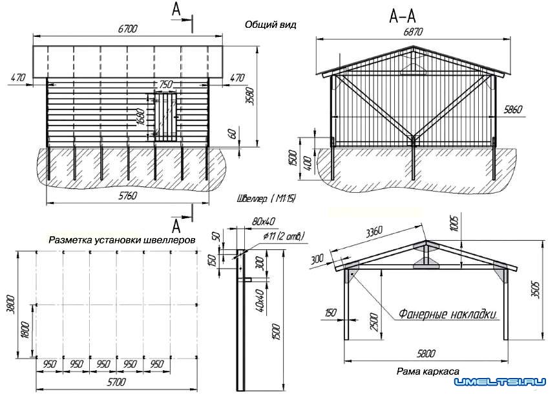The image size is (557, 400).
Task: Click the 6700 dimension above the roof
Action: [127, 29]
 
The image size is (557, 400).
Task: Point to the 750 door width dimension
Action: [165, 85]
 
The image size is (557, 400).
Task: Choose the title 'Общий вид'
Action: [270, 25]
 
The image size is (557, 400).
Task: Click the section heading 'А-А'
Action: [402, 16]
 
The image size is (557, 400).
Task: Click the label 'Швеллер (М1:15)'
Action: [266, 198]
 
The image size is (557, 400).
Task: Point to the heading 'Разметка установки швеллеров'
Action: [121, 239]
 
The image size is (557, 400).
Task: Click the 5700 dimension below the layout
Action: [116, 383]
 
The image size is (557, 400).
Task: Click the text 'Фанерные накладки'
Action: [447, 315]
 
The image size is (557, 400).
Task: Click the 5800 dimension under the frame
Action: [426, 353]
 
